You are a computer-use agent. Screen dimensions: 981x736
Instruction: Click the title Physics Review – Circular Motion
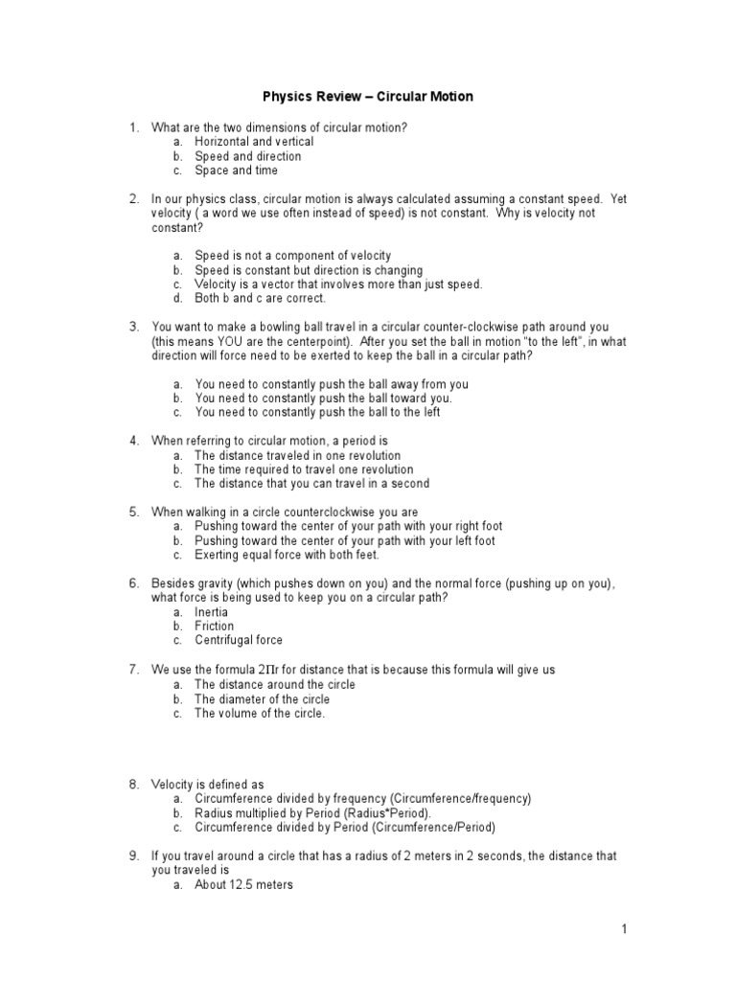pos(368,97)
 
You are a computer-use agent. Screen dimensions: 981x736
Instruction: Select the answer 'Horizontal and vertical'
pos(254,142)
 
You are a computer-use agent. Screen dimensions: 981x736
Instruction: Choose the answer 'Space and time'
pos(236,171)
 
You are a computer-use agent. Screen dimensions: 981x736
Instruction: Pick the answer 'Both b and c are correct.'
pos(260,298)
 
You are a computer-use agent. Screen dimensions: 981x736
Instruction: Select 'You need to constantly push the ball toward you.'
pos(323,398)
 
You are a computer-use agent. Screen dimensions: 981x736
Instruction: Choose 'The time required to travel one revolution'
pos(304,469)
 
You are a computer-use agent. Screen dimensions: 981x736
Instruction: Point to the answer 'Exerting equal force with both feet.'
pos(287,555)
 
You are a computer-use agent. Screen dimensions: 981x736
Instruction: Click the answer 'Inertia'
pos(211,611)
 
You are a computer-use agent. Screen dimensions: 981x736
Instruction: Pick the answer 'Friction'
pos(214,626)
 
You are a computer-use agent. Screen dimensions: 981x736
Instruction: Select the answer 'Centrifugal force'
pos(239,640)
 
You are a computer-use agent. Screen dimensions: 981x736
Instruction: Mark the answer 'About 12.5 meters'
pos(243,885)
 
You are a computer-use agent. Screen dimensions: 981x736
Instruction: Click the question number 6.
pos(134,583)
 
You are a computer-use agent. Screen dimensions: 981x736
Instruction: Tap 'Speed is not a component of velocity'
pos(292,256)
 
